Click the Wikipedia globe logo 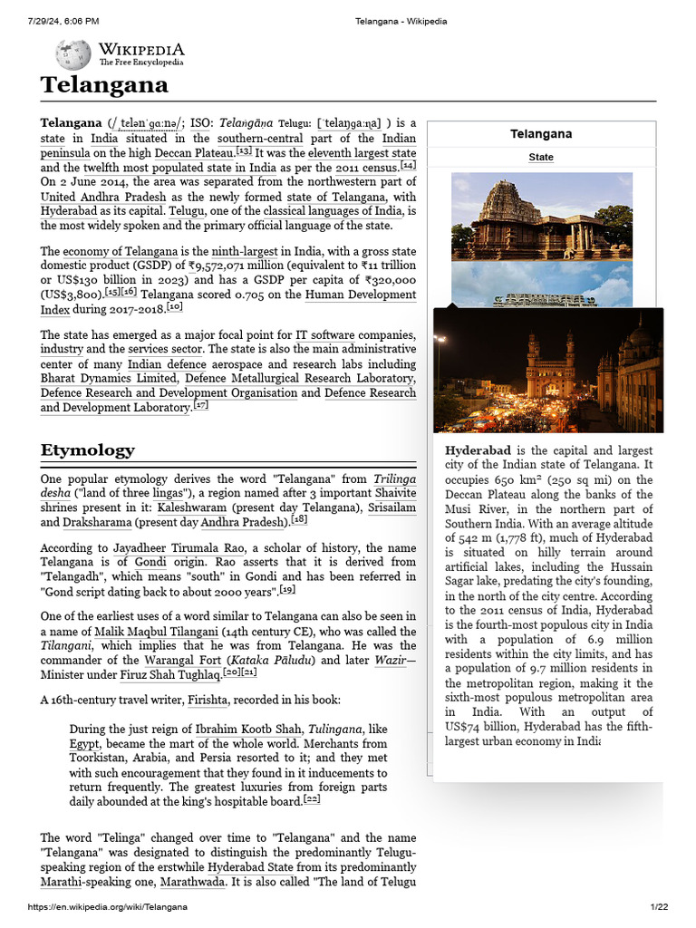coord(73,55)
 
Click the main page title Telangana coord(104,85)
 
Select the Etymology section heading coord(87,450)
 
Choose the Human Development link coord(361,295)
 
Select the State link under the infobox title coord(541,158)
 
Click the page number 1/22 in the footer coord(658,907)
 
